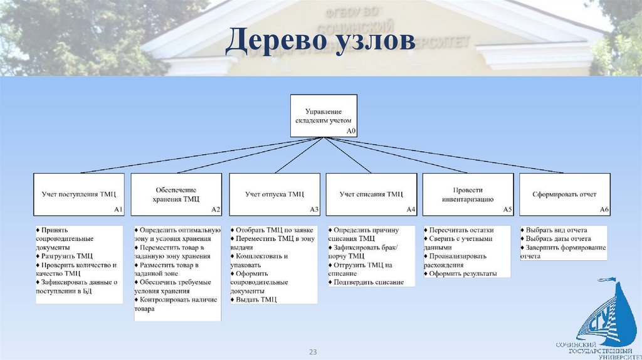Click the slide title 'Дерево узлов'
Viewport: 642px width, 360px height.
320,41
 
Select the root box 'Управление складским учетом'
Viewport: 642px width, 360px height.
324,115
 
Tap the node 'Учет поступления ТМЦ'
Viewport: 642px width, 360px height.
79,194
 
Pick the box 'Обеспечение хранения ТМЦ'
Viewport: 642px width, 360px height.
176,194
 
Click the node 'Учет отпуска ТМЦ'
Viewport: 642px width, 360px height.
275,194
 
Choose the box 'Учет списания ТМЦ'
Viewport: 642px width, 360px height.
372,194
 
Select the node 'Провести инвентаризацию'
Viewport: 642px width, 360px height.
468,194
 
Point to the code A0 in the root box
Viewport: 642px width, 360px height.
351,131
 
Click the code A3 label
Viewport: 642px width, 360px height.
314,209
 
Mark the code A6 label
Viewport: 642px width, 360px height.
604,209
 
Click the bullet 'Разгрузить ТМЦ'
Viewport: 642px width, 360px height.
66,256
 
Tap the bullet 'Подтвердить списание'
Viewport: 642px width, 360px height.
367,282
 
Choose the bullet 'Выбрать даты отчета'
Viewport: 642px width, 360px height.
557,238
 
